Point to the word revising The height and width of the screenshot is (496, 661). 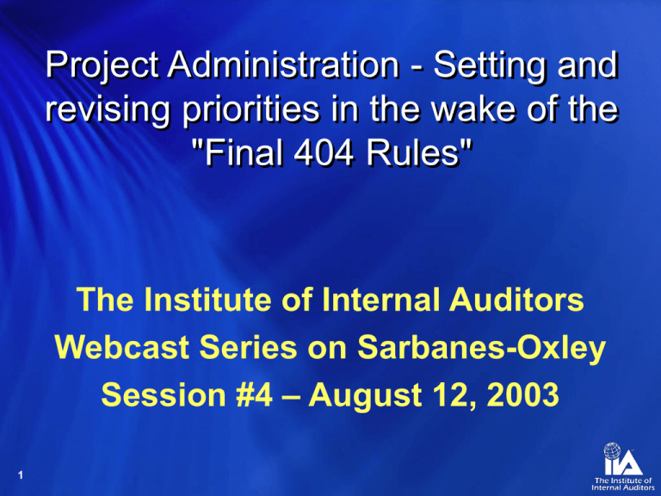click(103, 111)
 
